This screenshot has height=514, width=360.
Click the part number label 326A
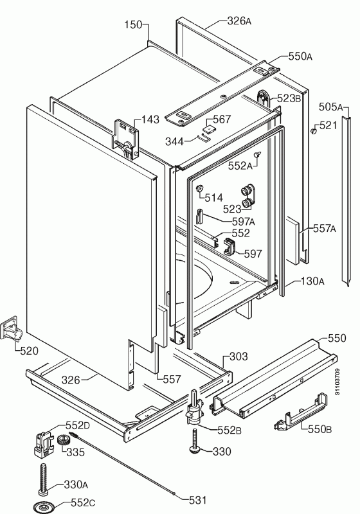(x=239, y=21)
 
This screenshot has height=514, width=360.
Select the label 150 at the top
(x=134, y=24)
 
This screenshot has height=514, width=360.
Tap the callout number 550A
(x=300, y=57)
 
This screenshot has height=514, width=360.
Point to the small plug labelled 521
(x=313, y=131)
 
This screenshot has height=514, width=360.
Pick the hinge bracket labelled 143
(x=125, y=139)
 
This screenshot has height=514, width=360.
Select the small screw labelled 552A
(x=257, y=154)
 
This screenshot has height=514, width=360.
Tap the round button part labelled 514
(x=199, y=188)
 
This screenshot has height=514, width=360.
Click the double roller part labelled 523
(x=248, y=198)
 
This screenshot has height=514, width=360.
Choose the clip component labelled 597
(x=230, y=247)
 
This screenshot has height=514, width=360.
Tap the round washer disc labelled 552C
(x=43, y=506)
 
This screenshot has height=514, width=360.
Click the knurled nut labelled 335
(x=64, y=439)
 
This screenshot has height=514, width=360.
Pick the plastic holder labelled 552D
(x=43, y=443)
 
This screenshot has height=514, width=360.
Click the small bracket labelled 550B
(x=301, y=412)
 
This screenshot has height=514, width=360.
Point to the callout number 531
(x=198, y=500)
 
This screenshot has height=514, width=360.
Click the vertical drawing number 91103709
(x=337, y=382)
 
